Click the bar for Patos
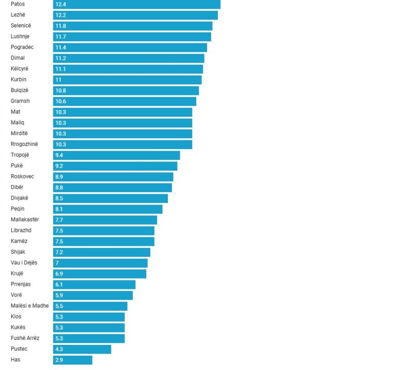click(x=136, y=4)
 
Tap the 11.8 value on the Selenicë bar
click(x=61, y=26)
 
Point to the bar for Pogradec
click(x=130, y=47)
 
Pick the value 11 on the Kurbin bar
click(x=58, y=80)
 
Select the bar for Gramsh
click(x=125, y=101)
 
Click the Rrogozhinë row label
click(x=24, y=144)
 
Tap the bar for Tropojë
click(x=116, y=155)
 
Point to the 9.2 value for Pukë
click(x=59, y=166)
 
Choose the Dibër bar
click(x=112, y=188)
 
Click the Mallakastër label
click(x=25, y=219)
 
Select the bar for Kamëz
click(x=103, y=242)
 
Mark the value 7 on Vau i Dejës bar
click(x=57, y=263)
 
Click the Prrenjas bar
click(x=94, y=285)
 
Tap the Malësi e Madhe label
click(x=30, y=306)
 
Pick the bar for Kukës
click(x=89, y=327)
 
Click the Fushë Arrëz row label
click(x=25, y=338)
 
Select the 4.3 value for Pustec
click(x=59, y=349)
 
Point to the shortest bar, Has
click(x=73, y=360)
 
